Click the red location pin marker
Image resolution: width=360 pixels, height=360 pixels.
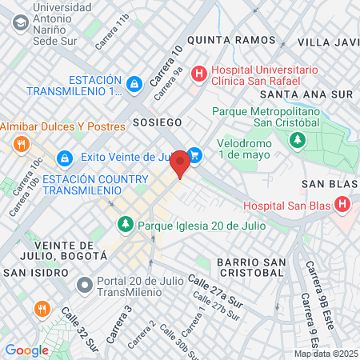click(181, 162)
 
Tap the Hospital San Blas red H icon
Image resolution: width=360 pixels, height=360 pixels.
click(343, 205)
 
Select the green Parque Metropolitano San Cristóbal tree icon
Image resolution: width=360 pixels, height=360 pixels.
click(298, 140)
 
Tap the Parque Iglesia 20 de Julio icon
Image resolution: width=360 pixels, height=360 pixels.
click(125, 224)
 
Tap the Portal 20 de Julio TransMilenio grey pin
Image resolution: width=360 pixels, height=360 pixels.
click(84, 284)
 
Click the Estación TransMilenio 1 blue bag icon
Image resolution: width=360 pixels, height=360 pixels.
click(134, 83)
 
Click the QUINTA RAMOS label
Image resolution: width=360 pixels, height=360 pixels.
click(220, 38)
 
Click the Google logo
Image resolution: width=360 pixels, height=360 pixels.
click(26, 350)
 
